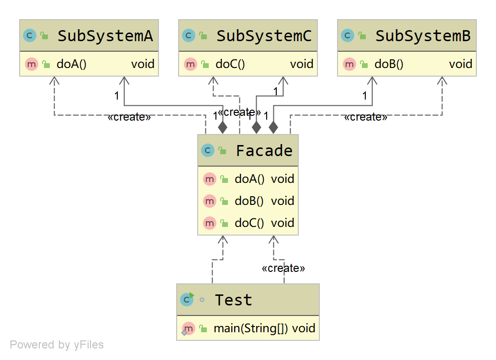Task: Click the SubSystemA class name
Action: (x=105, y=36)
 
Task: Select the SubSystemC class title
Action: (x=264, y=36)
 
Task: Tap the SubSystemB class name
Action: (x=423, y=36)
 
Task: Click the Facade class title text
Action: (x=264, y=151)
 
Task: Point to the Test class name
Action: (x=233, y=300)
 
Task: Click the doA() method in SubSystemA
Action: (x=71, y=64)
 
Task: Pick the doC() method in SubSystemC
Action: (x=230, y=64)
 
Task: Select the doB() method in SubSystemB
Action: (x=389, y=64)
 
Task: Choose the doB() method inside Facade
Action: (x=249, y=201)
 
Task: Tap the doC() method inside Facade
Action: (x=249, y=223)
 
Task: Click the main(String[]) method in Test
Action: (x=251, y=328)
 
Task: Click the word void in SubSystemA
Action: (x=143, y=64)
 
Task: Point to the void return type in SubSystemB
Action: (x=461, y=64)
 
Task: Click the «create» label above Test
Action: (x=283, y=269)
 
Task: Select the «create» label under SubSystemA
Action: (x=129, y=117)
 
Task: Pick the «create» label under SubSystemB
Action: (x=366, y=117)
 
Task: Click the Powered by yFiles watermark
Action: (x=57, y=345)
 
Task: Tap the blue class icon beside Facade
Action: (x=208, y=151)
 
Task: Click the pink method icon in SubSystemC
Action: (x=191, y=64)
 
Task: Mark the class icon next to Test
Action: (x=186, y=300)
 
